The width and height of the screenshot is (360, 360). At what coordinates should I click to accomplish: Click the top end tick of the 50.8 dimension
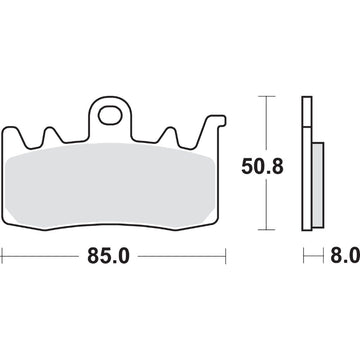pos(265,96)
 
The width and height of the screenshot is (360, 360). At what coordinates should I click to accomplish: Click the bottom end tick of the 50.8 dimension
pos(265,224)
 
